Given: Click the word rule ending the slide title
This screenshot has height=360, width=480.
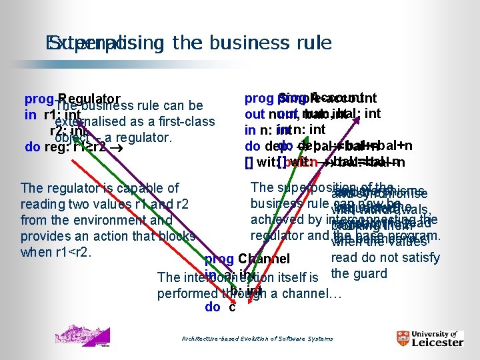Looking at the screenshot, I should (311, 43).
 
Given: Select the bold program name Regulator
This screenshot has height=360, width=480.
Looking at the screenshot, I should (89, 99).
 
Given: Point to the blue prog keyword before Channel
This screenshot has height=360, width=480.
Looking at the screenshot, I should (219, 259).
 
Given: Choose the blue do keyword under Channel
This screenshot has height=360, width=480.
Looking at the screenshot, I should (213, 307).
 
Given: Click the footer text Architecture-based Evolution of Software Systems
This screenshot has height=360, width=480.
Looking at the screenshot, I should (257, 339).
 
